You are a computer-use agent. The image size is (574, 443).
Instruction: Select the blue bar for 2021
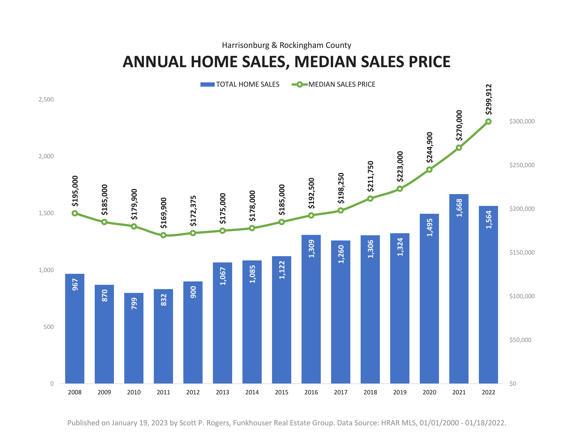[459, 289]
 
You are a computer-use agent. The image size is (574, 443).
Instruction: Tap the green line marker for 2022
[488, 122]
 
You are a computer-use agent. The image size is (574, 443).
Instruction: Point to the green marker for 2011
[163, 235]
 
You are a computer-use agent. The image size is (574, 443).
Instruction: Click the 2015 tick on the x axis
[281, 392]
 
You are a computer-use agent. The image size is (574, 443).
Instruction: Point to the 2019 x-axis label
[400, 392]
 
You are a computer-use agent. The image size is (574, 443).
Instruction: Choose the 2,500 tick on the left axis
[46, 99]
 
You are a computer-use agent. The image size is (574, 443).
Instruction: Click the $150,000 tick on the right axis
[522, 252]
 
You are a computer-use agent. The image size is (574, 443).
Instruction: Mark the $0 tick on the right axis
[513, 384]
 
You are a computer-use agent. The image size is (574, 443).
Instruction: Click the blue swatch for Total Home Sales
[207, 84]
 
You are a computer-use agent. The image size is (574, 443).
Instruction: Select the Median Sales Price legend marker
[299, 84]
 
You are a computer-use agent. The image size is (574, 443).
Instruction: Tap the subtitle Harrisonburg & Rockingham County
[286, 45]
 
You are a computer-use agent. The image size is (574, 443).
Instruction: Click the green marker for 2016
[311, 215]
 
